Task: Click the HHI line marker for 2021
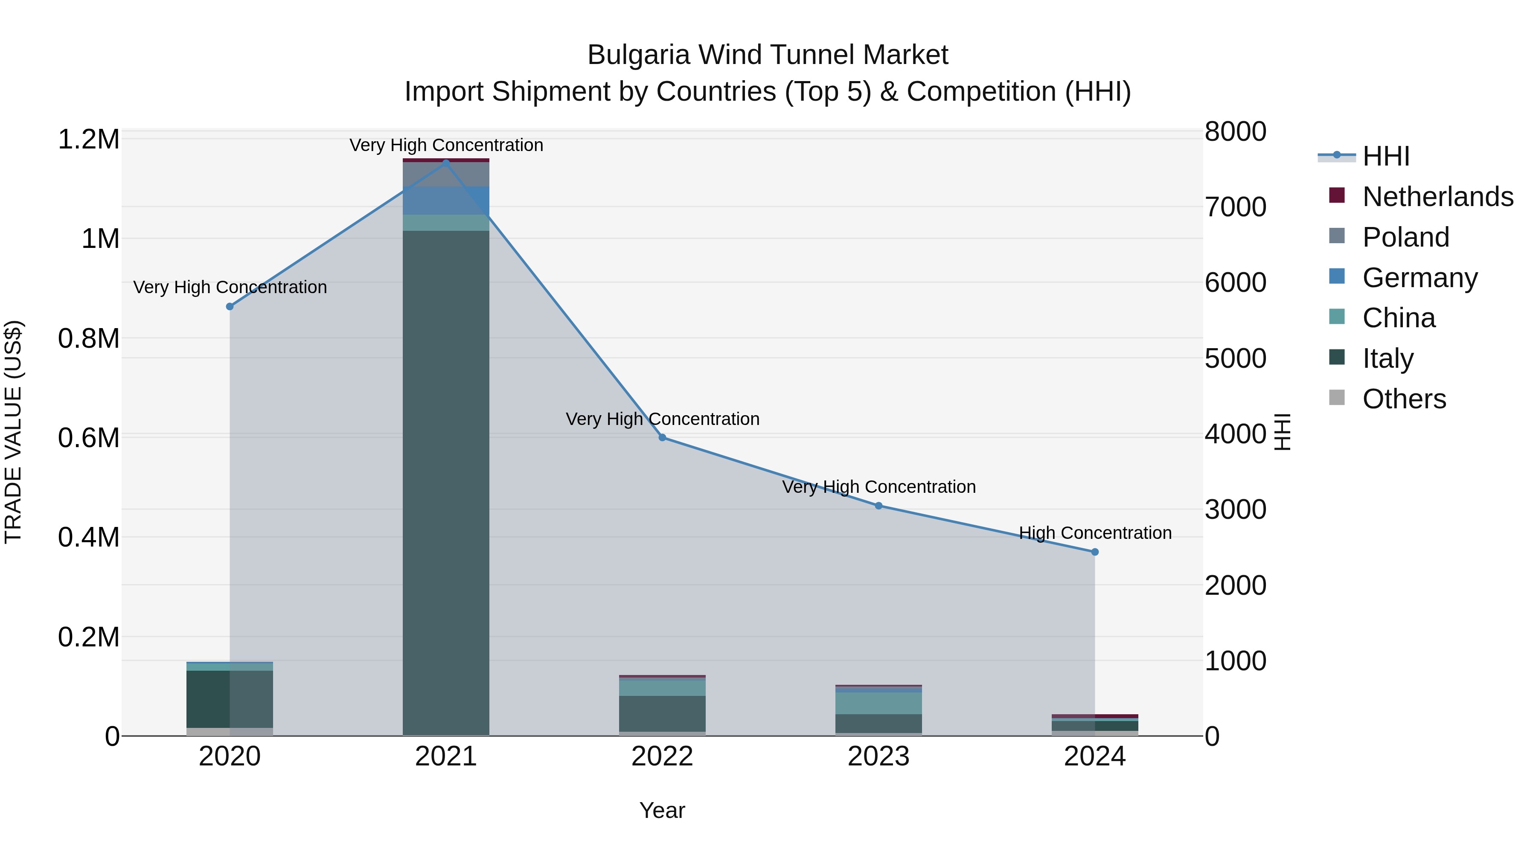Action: pyautogui.click(x=446, y=163)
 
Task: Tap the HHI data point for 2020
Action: pyautogui.click(x=230, y=306)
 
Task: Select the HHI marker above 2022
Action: pyautogui.click(x=662, y=438)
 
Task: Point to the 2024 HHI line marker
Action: pyautogui.click(x=1095, y=552)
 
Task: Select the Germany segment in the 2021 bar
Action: pyautogui.click(x=446, y=201)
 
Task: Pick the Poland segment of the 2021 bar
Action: pyautogui.click(x=446, y=174)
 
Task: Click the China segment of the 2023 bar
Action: pyautogui.click(x=879, y=703)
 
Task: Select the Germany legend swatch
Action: pyautogui.click(x=1337, y=276)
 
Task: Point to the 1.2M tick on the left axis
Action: pyautogui.click(x=88, y=140)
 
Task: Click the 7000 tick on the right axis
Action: pyautogui.click(x=1236, y=207)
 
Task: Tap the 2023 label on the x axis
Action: pyautogui.click(x=879, y=756)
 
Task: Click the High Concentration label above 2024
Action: pyautogui.click(x=1095, y=532)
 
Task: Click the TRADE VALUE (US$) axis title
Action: pyautogui.click(x=13, y=432)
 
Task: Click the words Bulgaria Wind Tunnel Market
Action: pyautogui.click(x=768, y=55)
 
